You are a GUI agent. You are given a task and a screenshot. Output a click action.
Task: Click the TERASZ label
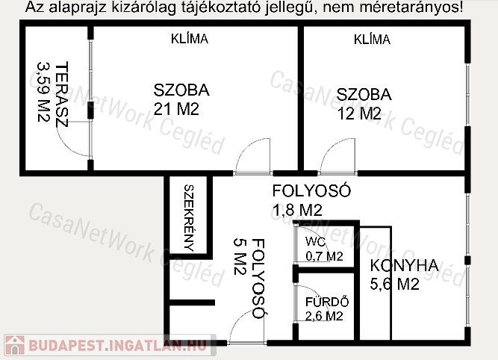[x=62, y=94]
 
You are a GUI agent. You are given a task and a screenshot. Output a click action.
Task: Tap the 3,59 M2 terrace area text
[x=43, y=92]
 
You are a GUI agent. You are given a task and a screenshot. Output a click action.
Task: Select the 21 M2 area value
[x=176, y=109]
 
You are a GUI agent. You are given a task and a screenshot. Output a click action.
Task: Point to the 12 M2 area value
[x=359, y=114]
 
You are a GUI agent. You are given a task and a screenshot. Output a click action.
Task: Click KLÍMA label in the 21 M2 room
[x=190, y=39]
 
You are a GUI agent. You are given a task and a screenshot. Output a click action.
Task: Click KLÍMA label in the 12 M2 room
[x=372, y=40]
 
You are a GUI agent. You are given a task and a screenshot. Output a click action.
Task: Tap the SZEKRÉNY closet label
[x=189, y=218]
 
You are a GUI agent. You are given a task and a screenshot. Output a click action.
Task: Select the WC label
[x=315, y=242]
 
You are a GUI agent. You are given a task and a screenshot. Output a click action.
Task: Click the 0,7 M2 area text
[x=324, y=256]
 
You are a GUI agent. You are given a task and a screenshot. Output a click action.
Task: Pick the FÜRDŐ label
[x=327, y=302]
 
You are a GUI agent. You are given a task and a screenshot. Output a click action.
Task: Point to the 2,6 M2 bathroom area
[x=324, y=316]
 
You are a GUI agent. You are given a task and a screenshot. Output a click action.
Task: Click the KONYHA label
[x=405, y=266]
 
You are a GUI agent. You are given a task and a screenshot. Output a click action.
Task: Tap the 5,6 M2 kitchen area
[x=394, y=284]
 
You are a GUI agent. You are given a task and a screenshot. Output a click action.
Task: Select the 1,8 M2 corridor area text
[x=297, y=210]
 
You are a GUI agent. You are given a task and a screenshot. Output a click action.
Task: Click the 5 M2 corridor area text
[x=240, y=256]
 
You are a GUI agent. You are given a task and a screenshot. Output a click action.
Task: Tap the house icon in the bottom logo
[x=15, y=345]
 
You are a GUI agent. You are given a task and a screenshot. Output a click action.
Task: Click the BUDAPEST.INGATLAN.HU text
[x=118, y=345]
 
